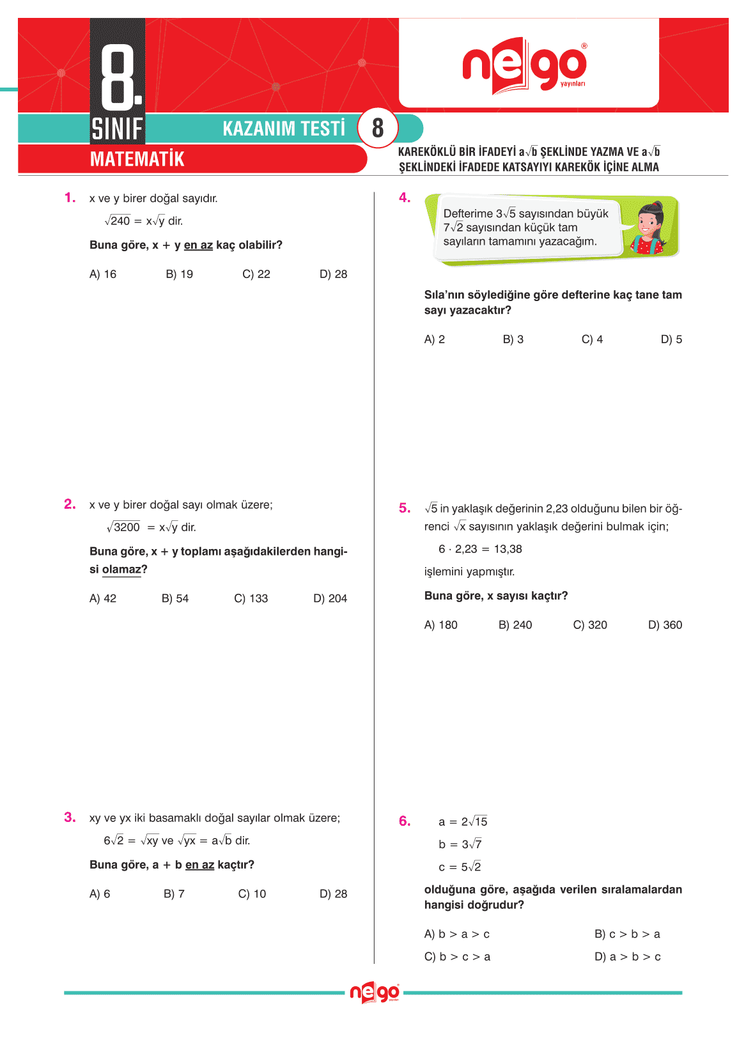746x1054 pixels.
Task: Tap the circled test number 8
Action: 378,128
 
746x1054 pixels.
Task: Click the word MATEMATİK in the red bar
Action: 137,159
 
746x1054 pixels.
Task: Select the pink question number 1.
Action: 70,198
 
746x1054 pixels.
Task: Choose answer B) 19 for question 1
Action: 179,274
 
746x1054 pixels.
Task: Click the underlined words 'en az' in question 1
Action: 198,245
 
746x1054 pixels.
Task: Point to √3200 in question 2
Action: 123,527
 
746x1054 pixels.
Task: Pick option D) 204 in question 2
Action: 330,599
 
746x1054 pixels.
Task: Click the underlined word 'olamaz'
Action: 121,570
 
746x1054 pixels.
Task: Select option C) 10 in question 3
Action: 252,894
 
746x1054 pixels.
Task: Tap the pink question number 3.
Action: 70,818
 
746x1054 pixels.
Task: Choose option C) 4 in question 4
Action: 592,339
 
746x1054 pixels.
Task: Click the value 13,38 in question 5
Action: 508,549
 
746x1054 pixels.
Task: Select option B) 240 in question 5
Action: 515,625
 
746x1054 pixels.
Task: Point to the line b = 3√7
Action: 460,844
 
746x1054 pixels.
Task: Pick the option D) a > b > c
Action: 628,957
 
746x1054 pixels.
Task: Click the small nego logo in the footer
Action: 375,993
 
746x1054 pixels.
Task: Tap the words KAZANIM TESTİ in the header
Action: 284,128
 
